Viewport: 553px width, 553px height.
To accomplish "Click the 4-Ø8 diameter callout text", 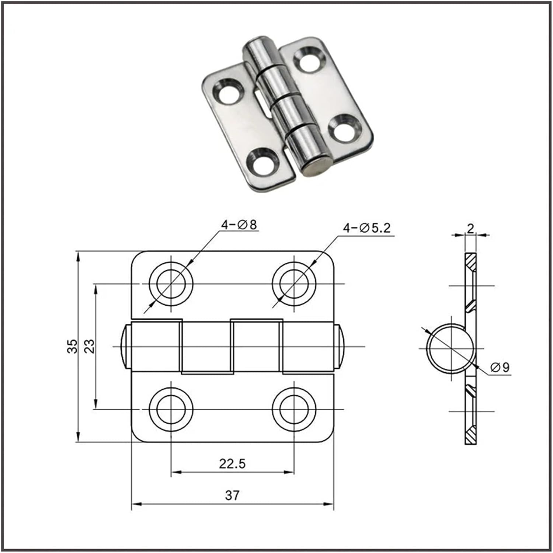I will click(x=239, y=225).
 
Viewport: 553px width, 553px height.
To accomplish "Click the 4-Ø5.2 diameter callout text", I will click(x=366, y=228).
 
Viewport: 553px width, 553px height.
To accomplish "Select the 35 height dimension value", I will click(x=73, y=346).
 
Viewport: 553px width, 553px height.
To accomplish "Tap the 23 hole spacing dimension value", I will click(x=90, y=346).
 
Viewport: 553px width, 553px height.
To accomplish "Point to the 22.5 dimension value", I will click(x=232, y=463).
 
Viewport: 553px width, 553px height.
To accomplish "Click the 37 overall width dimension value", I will click(x=232, y=495).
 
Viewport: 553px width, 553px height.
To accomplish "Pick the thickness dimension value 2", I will click(x=470, y=229).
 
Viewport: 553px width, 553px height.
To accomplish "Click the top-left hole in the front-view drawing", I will click(x=171, y=284).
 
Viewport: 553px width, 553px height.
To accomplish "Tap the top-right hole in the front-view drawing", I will click(x=294, y=284).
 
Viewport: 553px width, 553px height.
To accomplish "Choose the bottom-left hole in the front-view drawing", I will click(x=171, y=409).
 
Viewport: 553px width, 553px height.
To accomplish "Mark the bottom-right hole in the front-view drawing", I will click(x=294, y=409).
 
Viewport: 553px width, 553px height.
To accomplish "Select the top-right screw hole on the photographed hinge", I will click(x=309, y=59).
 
